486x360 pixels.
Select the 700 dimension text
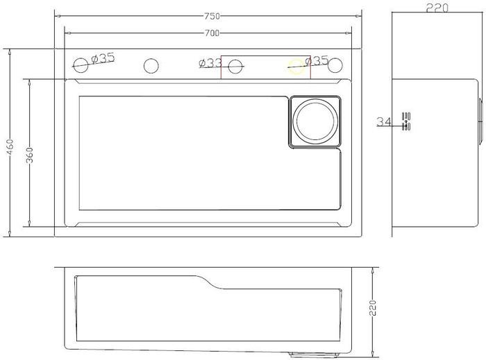coord(212,33)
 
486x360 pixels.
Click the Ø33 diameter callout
coord(210,63)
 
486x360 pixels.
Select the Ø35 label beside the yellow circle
coord(317,61)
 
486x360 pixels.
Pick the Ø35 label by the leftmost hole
coord(103,58)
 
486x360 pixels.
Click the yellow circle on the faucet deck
coord(296,66)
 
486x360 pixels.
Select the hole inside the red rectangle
coord(236,66)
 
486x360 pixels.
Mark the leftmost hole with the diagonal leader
coord(81,66)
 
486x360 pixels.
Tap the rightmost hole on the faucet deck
coord(336,66)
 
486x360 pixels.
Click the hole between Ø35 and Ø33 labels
coord(151,66)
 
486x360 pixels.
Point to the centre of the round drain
coord(316,121)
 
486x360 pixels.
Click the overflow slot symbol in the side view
coord(407,121)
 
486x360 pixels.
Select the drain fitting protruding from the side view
coord(479,121)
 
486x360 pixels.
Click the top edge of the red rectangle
coord(257,55)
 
